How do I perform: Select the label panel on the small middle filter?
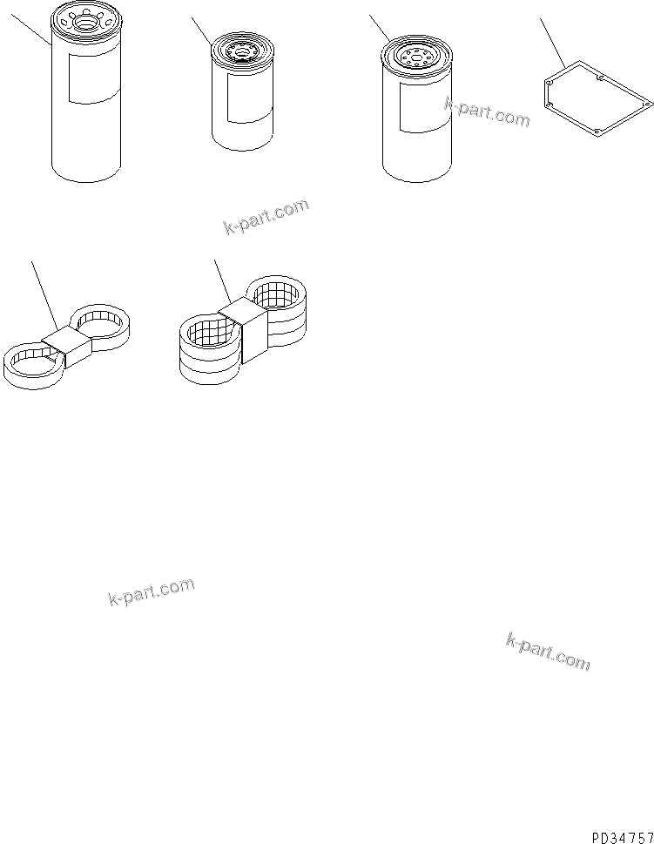[248, 94]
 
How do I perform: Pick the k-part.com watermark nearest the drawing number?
[547, 652]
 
